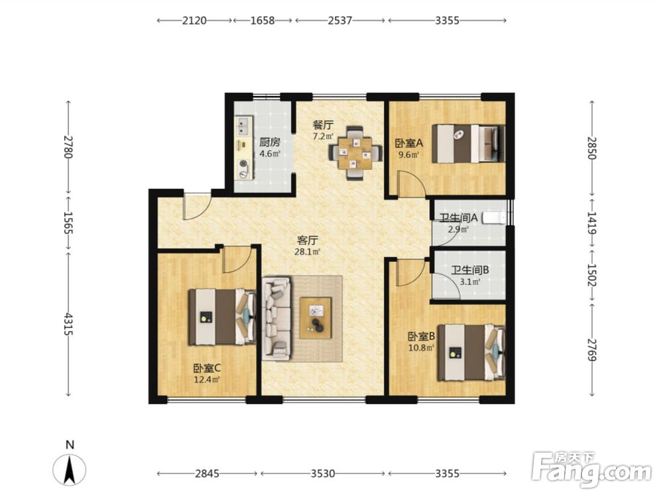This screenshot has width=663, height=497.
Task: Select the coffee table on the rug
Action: pos(316,318)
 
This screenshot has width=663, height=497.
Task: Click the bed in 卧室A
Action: pos(468,143)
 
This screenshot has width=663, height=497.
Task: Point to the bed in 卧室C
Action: pos(222,317)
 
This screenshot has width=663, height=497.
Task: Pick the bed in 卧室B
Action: pos(471,353)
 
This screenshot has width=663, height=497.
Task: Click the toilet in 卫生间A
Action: pos(495,217)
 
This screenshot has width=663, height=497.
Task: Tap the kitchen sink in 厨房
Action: pos(243,125)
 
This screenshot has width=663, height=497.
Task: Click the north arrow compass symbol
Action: pos(70,469)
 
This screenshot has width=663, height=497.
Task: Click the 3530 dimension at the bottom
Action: pos(323,473)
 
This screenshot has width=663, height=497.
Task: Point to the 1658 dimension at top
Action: pos(263,21)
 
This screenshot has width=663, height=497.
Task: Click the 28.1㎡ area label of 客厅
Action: pos(308,252)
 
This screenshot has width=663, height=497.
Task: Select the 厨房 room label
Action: pos(270,142)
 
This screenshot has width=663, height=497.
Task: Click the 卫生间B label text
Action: pos(470,270)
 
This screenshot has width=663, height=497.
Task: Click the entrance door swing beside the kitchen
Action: pos(196,206)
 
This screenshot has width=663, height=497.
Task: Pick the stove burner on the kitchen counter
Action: pos(243,163)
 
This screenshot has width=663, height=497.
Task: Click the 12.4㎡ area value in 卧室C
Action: pos(207,380)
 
